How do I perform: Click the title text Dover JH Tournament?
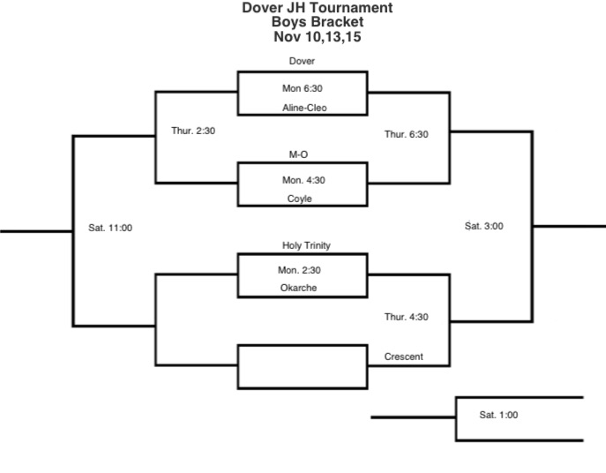(318, 9)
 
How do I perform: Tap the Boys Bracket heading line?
(318, 23)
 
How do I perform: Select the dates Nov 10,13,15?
(318, 37)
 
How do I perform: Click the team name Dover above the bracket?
(302, 62)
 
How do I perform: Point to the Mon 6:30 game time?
(301, 89)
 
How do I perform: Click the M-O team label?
(299, 154)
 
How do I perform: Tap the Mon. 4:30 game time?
(301, 180)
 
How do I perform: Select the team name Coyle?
(300, 199)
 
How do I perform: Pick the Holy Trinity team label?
(306, 245)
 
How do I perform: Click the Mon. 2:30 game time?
(301, 270)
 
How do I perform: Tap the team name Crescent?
(404, 357)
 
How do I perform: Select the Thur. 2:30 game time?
(193, 131)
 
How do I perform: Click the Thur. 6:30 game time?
(407, 134)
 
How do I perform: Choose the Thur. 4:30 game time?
(407, 317)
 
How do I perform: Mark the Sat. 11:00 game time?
(110, 228)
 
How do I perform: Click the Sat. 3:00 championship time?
(484, 226)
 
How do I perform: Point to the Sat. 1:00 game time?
(499, 415)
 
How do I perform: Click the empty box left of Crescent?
(303, 366)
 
